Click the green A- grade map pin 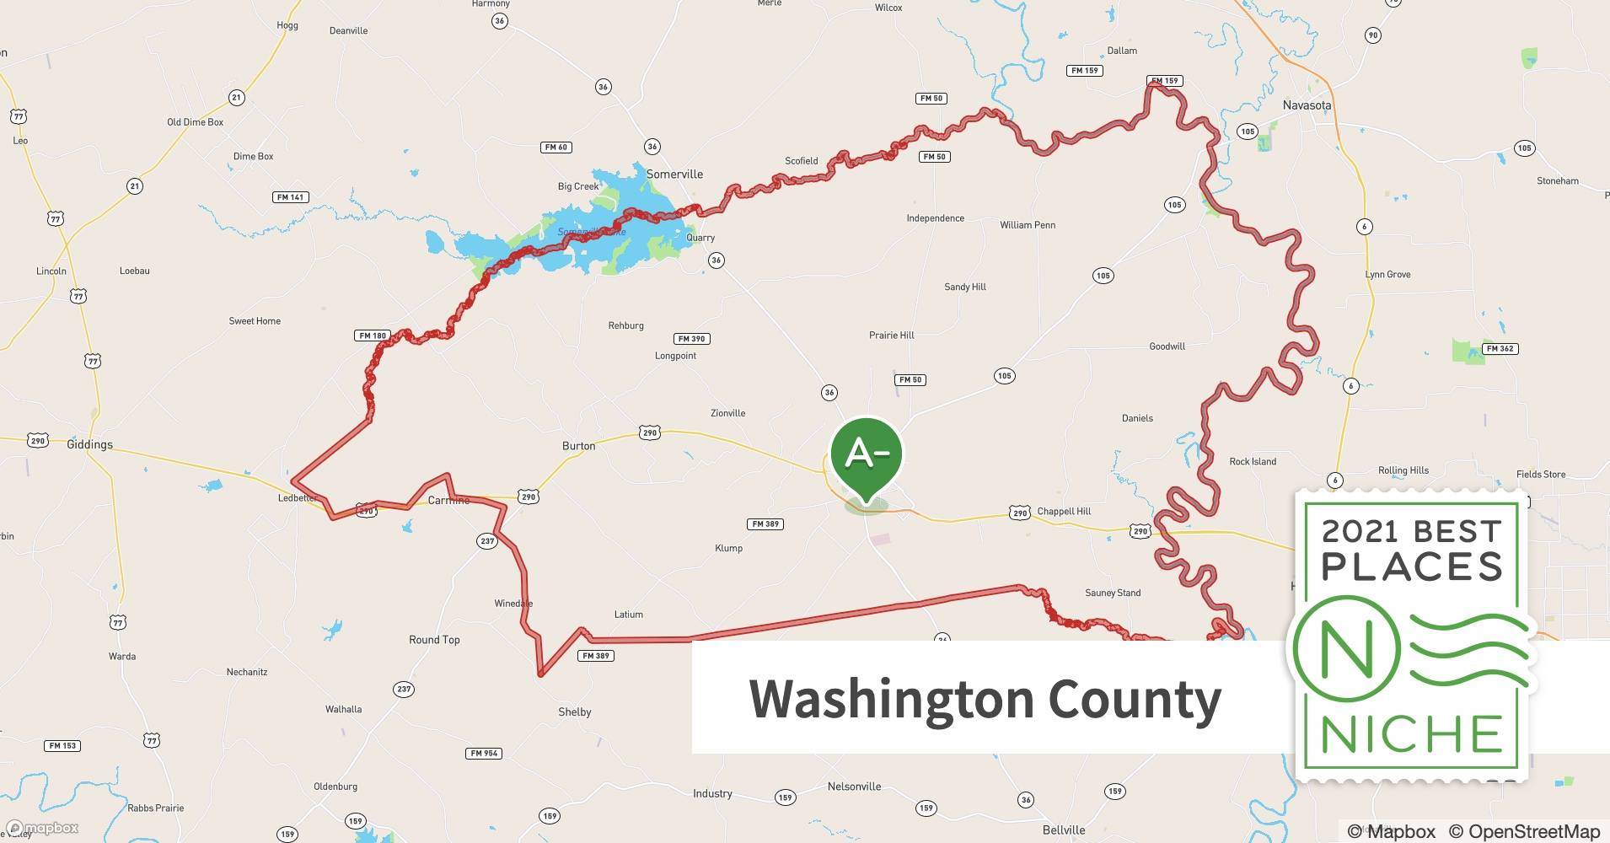[866, 455]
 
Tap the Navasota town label [1307, 105]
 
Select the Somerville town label [674, 175]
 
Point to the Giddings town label [89, 444]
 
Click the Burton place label [578, 446]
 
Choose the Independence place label [935, 218]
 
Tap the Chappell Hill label [1064, 512]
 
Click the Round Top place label [434, 640]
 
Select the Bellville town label [1064, 830]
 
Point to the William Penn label [1028, 225]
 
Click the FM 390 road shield [692, 339]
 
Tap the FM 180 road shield [373, 336]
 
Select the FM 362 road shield [1500, 348]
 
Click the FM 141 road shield [291, 197]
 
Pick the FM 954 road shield [484, 753]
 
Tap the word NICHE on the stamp [1412, 735]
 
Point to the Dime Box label [253, 156]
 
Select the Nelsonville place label [854, 787]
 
